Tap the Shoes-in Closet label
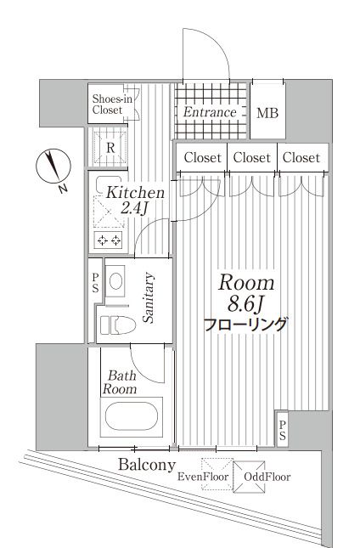tap(112, 104)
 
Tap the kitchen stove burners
tap(110, 240)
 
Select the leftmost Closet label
tap(201, 158)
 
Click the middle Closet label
tap(251, 158)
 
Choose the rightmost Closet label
tap(301, 158)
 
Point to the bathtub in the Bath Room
tap(129, 418)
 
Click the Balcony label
tap(147, 466)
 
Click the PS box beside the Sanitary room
tap(96, 284)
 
